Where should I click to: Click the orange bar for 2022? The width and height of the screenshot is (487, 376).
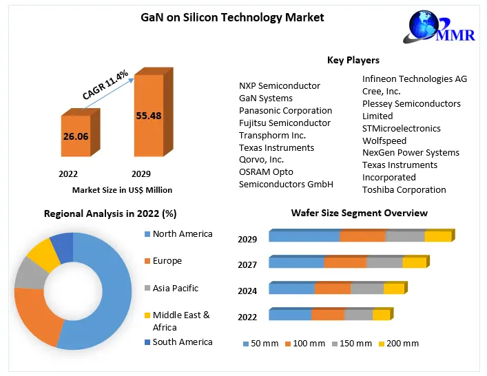[x=75, y=136]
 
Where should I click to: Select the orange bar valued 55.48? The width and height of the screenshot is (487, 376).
[x=148, y=116]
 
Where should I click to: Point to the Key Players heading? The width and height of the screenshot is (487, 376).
[x=353, y=61]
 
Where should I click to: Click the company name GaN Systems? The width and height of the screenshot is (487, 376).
[x=266, y=98]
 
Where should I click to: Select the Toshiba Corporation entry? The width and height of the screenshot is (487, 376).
[x=404, y=189]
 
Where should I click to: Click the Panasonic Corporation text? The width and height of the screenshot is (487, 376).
[x=285, y=110]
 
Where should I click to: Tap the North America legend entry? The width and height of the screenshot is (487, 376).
[x=183, y=234]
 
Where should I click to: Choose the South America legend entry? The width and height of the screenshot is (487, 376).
[x=183, y=342]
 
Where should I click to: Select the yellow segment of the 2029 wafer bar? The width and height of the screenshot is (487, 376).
[x=438, y=236]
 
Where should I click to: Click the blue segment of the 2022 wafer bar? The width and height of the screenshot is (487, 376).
[x=290, y=315]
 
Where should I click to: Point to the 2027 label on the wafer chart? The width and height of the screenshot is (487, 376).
[x=247, y=265]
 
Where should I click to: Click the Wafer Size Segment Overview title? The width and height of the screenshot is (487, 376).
[x=359, y=213]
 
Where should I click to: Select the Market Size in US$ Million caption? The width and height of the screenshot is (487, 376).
[x=122, y=189]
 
